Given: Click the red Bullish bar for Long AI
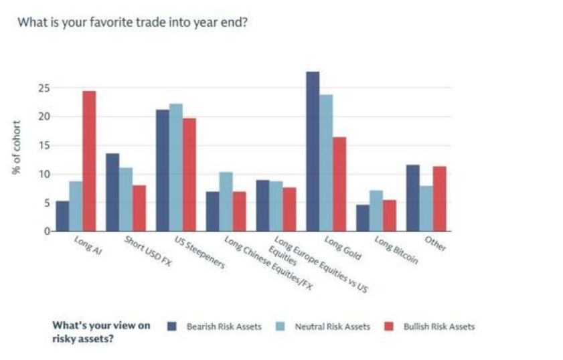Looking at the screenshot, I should tap(89, 161).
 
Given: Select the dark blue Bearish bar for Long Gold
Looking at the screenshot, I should tap(313, 151).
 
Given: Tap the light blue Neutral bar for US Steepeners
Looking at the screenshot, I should tap(176, 167).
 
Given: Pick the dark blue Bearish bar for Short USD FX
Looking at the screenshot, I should tap(112, 192).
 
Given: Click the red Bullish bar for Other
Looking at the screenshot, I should tap(439, 199).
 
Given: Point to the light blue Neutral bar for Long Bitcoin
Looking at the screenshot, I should tap(376, 211).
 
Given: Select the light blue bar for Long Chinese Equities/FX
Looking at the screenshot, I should tap(226, 201).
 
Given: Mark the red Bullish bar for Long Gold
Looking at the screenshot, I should tap(339, 184).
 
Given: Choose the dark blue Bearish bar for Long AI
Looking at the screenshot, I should tap(62, 215).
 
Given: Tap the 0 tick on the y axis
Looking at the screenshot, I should tap(46, 231).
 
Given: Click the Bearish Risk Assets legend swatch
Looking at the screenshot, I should tap(172, 327).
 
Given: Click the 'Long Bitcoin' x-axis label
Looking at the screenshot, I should tap(396, 250).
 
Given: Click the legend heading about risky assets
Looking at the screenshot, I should tap(100, 331).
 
